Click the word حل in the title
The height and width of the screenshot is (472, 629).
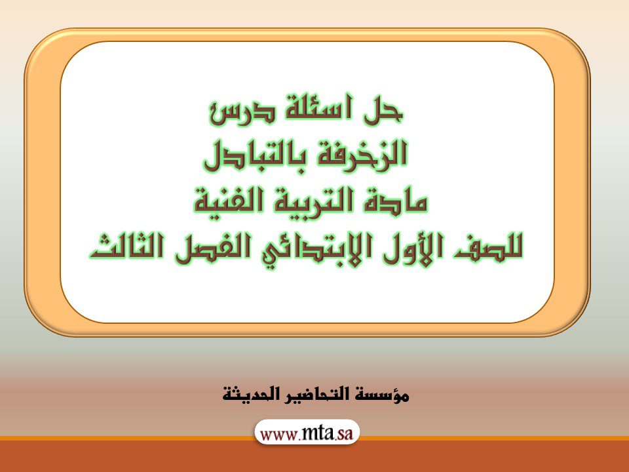point(383,109)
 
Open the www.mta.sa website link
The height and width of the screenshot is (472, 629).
point(307,433)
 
